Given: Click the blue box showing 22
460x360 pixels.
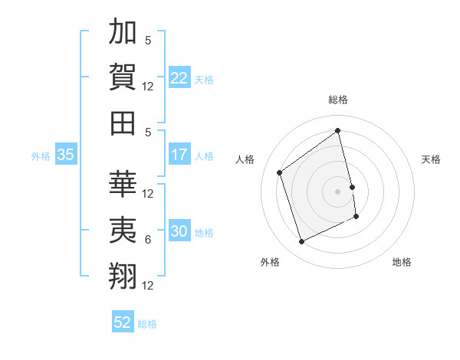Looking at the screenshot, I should point(179,78).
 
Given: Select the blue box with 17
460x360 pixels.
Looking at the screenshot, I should point(179,155).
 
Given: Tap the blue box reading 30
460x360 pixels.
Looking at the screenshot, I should point(179,232).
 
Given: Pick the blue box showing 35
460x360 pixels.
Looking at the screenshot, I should point(65,155).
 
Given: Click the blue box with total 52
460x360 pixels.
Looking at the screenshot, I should point(123,322).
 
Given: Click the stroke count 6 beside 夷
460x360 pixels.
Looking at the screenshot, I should point(148,240).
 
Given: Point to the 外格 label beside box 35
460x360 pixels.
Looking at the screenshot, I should point(41,155).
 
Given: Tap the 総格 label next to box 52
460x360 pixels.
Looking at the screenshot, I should point(147,323).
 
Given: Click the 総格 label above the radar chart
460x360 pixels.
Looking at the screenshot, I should point(338,100).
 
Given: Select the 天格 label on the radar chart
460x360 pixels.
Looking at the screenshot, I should point(432,159).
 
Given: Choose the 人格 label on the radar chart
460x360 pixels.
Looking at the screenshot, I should point(245,159).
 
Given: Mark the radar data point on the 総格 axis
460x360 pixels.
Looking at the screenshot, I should point(338,131).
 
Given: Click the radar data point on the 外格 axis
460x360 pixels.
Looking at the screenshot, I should point(301,242).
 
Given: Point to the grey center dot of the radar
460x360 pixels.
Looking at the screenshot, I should point(338,191).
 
